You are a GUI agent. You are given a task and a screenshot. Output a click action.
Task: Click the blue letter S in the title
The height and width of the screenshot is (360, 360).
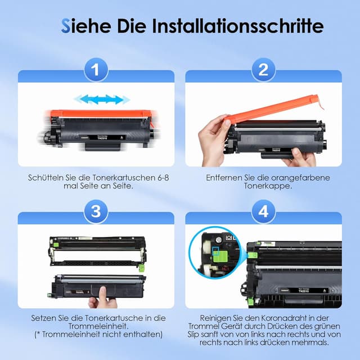pyautogui.click(x=65, y=26)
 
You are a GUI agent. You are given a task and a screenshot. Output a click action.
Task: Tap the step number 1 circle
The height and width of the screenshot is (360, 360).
pyautogui.click(x=96, y=70)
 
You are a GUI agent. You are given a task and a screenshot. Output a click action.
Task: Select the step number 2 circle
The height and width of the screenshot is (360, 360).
pyautogui.click(x=263, y=70)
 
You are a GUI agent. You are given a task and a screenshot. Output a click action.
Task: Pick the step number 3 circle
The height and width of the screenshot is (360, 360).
pyautogui.click(x=96, y=211)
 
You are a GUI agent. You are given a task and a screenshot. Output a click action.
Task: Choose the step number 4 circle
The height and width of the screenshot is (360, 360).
pyautogui.click(x=263, y=211)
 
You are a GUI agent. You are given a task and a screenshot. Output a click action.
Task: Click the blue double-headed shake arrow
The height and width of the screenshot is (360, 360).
pyautogui.click(x=102, y=100)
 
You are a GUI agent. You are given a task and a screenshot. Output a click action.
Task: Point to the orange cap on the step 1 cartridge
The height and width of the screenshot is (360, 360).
pyautogui.click(x=101, y=114)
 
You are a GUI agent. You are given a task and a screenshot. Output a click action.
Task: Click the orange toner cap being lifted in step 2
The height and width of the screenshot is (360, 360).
pyautogui.click(x=273, y=109)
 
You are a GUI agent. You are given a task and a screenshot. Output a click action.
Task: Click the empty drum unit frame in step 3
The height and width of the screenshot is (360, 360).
pyautogui.click(x=97, y=251)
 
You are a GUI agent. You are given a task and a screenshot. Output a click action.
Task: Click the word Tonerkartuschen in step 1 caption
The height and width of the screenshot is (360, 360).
pyautogui.click(x=124, y=178)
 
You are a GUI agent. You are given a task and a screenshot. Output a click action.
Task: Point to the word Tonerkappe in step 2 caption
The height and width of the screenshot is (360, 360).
pyautogui.click(x=268, y=186)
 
